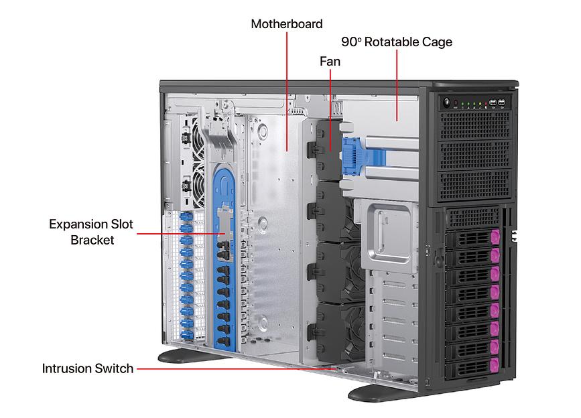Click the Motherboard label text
pos(286,24)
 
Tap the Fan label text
pos(329,62)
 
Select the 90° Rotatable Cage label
pos(396,42)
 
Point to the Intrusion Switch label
pos(87,368)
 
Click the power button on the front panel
pos(446,102)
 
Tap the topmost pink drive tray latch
pos(496,237)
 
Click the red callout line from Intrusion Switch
pos(235,368)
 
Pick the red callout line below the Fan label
pos(330,107)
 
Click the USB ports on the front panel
pos(497,102)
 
